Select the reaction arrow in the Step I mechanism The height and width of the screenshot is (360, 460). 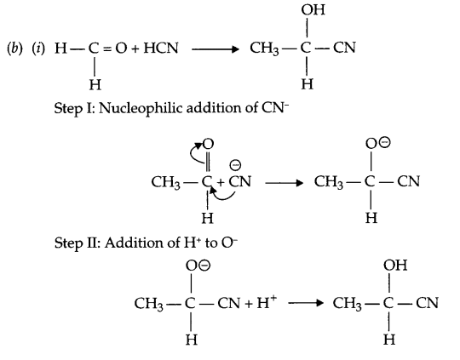coord(286,182)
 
